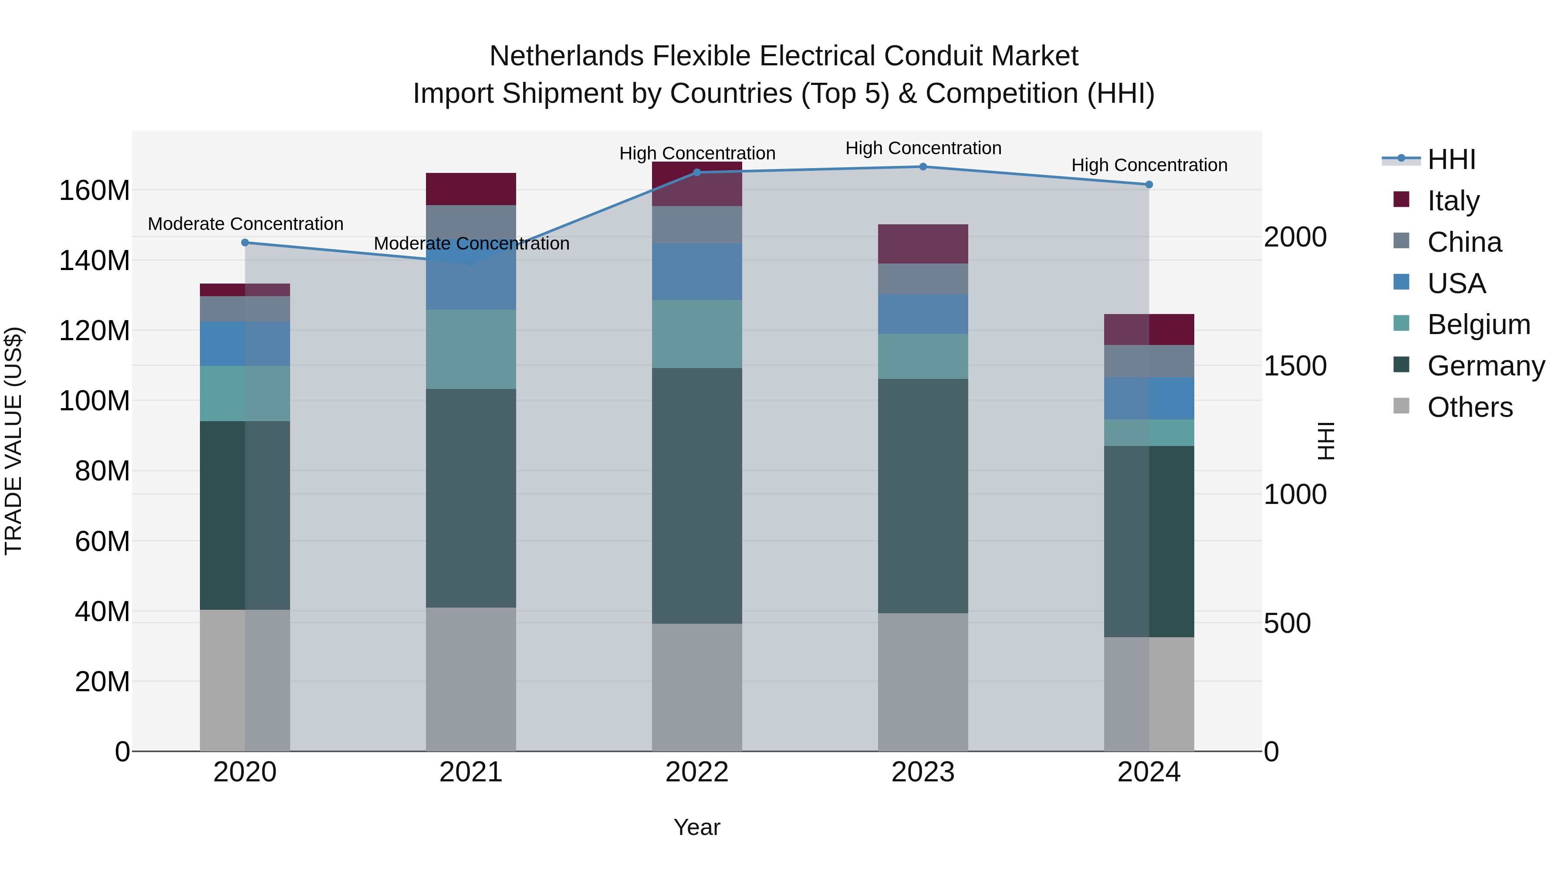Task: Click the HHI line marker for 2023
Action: (923, 167)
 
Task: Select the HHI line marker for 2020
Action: (245, 242)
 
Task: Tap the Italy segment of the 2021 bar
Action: (470, 189)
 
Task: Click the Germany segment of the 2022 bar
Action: (697, 496)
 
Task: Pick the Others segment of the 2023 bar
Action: (923, 682)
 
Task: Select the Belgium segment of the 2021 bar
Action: (470, 349)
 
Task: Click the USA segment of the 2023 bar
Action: (923, 314)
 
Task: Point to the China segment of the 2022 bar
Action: (697, 225)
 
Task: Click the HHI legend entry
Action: (1451, 159)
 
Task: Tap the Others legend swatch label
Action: (1470, 407)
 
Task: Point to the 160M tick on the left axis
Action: (95, 190)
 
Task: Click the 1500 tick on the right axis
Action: (1295, 366)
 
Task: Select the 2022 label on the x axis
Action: (697, 772)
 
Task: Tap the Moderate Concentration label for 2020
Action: (245, 224)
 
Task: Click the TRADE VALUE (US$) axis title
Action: (14, 441)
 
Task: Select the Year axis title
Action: (697, 827)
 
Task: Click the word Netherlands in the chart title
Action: (567, 56)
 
